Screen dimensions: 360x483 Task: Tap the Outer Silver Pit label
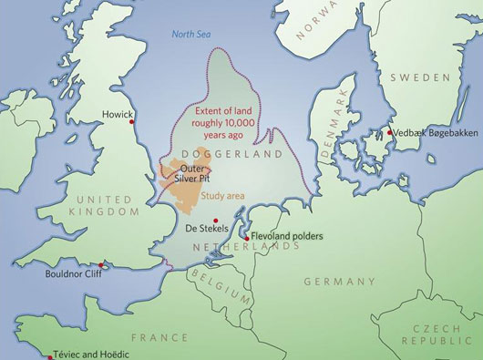[x=193, y=173]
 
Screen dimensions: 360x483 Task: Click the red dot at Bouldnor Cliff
[x=102, y=266]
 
